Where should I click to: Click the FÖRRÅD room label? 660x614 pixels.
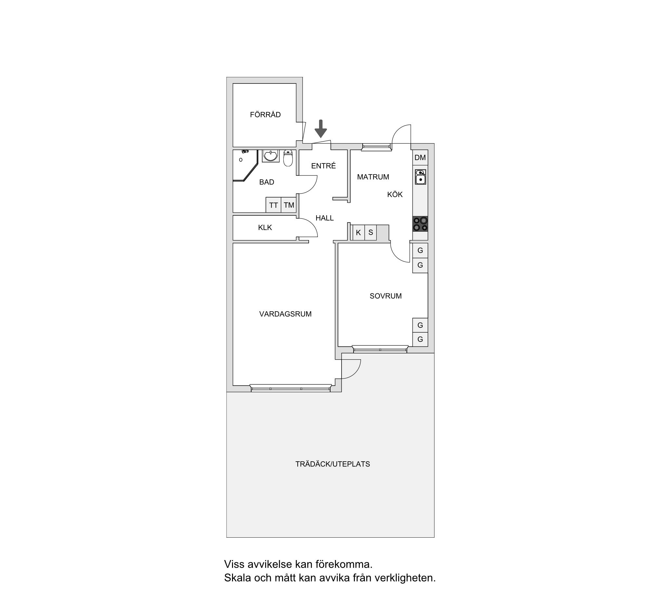[265, 114]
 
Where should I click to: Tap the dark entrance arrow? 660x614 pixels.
[321, 129]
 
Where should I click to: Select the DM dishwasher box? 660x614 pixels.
[420, 158]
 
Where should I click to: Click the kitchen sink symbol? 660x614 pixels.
[421, 177]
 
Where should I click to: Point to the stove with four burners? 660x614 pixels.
[420, 224]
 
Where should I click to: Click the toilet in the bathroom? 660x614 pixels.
[288, 158]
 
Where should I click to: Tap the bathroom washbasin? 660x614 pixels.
[271, 156]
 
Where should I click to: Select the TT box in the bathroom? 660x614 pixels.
[274, 205]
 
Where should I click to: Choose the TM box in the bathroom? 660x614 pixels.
[289, 205]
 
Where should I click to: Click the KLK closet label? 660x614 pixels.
[265, 227]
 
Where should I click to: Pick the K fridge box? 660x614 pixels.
[358, 232]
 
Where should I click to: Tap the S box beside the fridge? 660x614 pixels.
[370, 232]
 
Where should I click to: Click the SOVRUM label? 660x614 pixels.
[386, 296]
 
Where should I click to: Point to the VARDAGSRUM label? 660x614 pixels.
[286, 313]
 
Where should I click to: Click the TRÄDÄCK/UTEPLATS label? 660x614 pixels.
[333, 464]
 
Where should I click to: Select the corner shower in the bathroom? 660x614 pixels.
[245, 165]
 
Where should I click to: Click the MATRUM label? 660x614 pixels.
[373, 177]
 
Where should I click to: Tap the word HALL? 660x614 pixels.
[325, 218]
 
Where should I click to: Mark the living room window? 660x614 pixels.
[291, 388]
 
